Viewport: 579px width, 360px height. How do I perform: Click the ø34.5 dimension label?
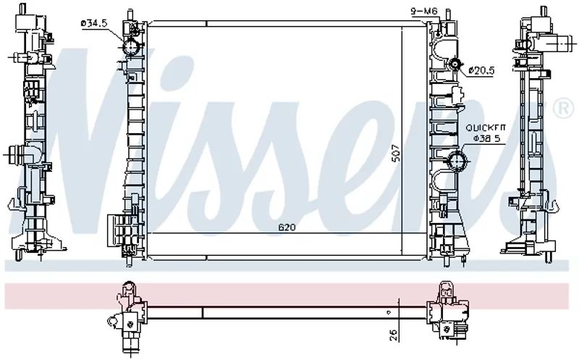click(94, 24)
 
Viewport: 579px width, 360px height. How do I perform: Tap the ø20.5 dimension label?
click(481, 70)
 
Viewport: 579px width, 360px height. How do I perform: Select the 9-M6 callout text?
click(424, 12)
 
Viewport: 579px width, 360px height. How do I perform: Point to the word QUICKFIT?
click(485, 128)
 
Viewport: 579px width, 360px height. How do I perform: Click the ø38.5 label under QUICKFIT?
click(486, 138)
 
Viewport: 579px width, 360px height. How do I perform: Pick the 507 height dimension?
click(395, 153)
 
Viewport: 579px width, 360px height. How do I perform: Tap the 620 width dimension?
click(287, 227)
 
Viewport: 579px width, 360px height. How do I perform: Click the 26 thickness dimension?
click(393, 335)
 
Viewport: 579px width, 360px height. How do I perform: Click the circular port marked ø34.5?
click(131, 47)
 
